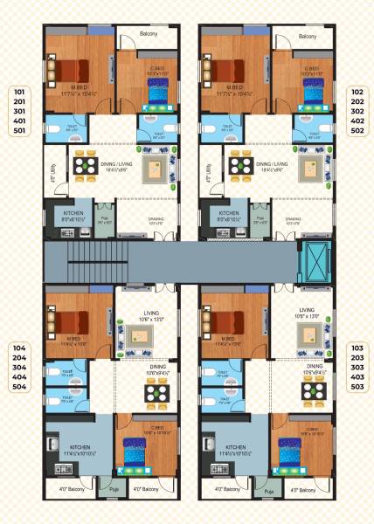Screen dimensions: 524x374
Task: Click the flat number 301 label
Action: pyautogui.click(x=21, y=111)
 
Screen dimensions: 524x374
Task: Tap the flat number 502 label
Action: pyautogui.click(x=357, y=131)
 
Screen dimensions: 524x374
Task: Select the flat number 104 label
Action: pyautogui.click(x=21, y=348)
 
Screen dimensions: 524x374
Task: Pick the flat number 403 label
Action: pyautogui.click(x=357, y=376)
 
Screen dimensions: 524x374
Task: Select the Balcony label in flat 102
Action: pyautogui.click(x=308, y=36)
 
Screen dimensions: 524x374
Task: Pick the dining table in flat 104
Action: pyautogui.click(x=157, y=395)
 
